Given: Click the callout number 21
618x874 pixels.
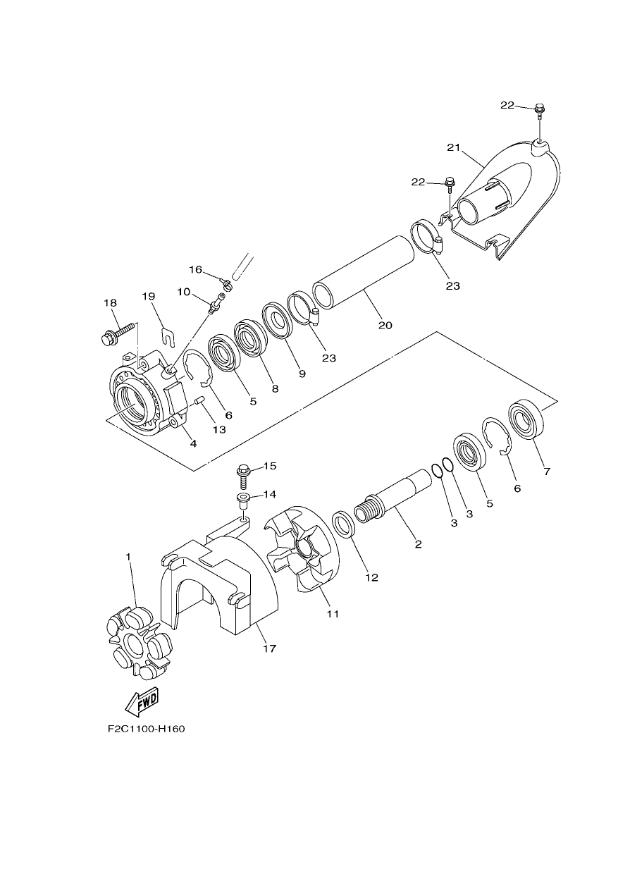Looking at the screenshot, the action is click(454, 148).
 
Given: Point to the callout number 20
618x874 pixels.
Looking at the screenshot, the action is click(385, 325).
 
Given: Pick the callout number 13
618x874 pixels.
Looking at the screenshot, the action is click(219, 429).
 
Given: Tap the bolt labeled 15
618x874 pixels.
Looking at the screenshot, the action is click(242, 476).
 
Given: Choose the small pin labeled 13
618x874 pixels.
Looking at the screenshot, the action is click(200, 401).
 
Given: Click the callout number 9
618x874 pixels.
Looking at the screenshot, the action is click(302, 374).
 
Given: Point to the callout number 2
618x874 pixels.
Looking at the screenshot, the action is click(419, 544).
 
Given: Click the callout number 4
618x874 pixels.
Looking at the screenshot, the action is click(193, 443).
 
